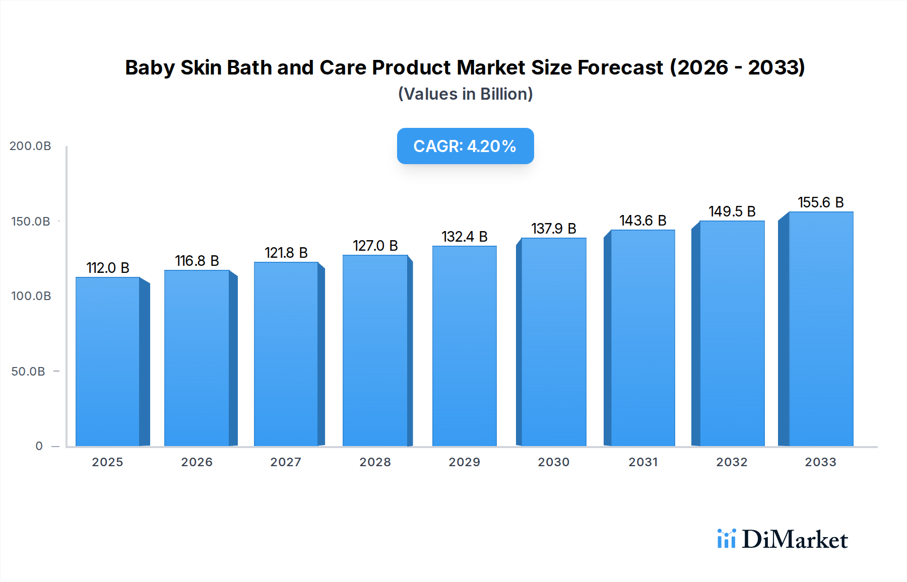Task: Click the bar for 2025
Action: tap(108, 361)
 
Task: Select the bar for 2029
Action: tap(464, 346)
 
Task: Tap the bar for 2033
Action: tap(820, 329)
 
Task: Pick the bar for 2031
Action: tap(642, 338)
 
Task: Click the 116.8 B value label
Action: tap(197, 261)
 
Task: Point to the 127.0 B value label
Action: tap(375, 246)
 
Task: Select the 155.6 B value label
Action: tap(820, 202)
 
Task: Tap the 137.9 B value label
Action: tap(553, 229)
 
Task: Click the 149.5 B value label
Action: tap(732, 211)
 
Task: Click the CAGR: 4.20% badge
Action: tap(465, 146)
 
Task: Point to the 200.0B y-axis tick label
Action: tap(30, 146)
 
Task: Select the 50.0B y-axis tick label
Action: tap(28, 372)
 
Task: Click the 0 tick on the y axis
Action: tap(39, 446)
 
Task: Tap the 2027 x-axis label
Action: tap(286, 462)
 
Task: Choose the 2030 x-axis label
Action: tap(553, 462)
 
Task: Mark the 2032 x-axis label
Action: tap(732, 462)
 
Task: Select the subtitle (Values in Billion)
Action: tap(465, 94)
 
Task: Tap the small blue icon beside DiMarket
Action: tap(726, 539)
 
